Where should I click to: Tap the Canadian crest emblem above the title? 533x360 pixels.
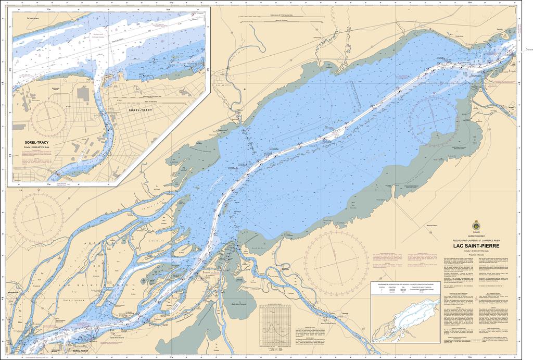pyautogui.click(x=476, y=226)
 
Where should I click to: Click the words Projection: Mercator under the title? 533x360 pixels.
pyautogui.click(x=476, y=255)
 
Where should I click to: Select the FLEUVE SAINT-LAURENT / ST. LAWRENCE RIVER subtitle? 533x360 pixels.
pyautogui.click(x=476, y=240)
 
